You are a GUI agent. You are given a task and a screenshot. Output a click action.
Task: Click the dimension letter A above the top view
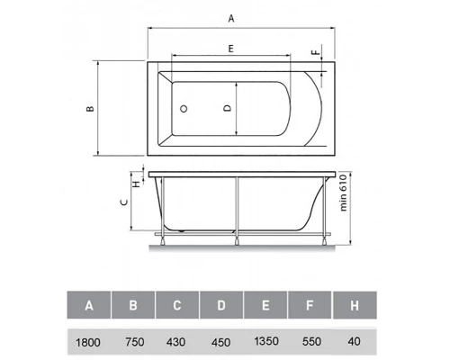click(x=231, y=19)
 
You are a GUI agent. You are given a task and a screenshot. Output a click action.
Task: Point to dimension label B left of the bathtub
click(x=90, y=108)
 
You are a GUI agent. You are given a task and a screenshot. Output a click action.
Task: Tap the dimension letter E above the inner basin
click(x=230, y=49)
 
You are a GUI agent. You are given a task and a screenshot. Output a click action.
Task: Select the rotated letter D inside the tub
click(x=228, y=108)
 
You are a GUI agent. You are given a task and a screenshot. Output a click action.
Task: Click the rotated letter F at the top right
click(x=316, y=52)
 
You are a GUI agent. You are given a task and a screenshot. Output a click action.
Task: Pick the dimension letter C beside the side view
click(x=124, y=202)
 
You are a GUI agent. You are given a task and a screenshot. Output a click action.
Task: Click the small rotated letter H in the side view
click(x=137, y=184)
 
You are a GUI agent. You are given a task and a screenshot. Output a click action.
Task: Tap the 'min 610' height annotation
click(x=343, y=193)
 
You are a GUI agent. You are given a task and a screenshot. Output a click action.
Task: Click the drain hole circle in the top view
click(x=184, y=109)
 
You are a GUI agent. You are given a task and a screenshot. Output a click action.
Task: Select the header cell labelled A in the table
click(x=89, y=305)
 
